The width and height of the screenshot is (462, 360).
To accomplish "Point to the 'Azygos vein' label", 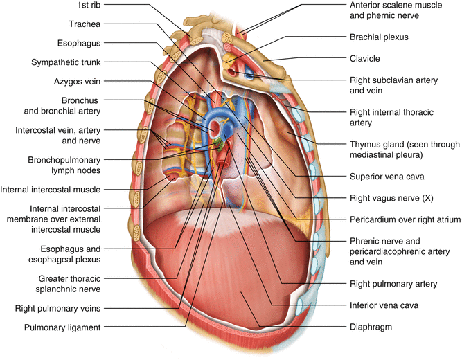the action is click(82, 81).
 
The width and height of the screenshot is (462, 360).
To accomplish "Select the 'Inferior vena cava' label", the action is click(383, 305).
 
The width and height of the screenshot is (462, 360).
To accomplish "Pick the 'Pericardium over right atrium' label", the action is click(404, 220).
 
